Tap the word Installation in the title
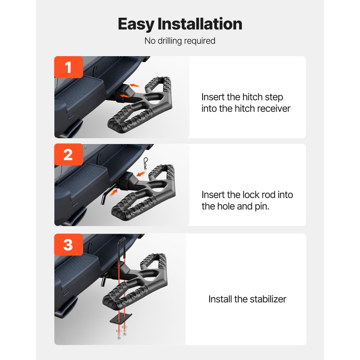200,24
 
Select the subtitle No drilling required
180,41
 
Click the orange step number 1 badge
68,67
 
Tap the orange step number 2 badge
68,155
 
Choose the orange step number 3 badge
68,244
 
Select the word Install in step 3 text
220,299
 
